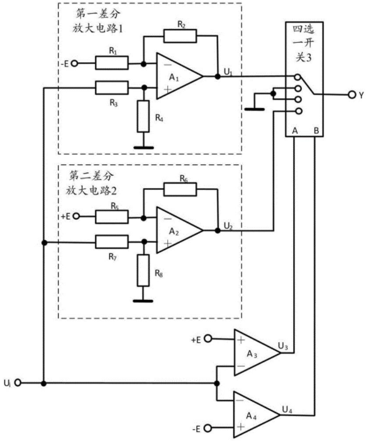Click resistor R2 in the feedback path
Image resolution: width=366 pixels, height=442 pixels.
pos(180,36)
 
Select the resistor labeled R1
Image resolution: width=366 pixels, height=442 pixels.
pos(112,63)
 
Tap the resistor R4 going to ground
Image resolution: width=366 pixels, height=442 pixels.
pos(143,116)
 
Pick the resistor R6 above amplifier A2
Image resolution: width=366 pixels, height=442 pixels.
pos(180,189)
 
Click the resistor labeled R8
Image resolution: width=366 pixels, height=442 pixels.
pos(143,270)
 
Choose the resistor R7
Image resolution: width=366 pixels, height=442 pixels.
pos(112,242)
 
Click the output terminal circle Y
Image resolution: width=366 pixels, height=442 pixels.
pos(352,95)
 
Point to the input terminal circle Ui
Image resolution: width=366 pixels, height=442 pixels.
pos(18,383)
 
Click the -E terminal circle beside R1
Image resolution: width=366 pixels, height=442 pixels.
pos(74,64)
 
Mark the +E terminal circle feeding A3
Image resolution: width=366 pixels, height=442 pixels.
pos(208,338)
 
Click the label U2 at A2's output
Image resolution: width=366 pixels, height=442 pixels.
pos(228,226)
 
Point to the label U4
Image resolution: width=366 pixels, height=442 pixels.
pos(287,409)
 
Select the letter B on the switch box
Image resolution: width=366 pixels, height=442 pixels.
pos(316,131)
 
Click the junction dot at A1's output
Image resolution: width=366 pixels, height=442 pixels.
pos(218,76)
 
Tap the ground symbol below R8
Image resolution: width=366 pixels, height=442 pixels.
pos(143,301)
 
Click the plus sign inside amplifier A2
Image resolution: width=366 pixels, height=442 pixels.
pos(167,243)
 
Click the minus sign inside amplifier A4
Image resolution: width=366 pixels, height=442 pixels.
pos(240,400)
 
